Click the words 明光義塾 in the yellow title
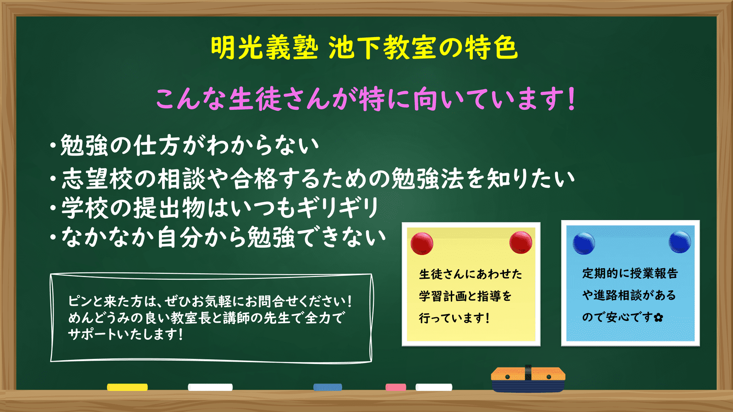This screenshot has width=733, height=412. (264, 48)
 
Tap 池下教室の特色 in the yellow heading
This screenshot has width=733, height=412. (423, 48)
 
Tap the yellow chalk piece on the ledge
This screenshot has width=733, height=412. (127, 387)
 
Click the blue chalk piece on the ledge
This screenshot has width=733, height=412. (328, 387)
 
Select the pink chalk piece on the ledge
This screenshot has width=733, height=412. (396, 387)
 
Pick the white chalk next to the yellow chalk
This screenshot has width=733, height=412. (210, 387)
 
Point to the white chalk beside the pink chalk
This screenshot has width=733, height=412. (434, 387)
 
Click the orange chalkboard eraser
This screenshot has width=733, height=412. (528, 379)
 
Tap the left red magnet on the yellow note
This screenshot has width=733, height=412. (422, 243)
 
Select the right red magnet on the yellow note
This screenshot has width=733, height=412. (520, 242)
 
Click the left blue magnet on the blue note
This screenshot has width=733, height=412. (584, 243)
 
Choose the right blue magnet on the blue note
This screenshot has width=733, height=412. (680, 242)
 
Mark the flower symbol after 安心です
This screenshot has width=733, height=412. (658, 318)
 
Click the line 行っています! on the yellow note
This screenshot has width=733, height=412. (454, 318)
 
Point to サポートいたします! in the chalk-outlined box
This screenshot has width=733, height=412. (125, 334)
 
